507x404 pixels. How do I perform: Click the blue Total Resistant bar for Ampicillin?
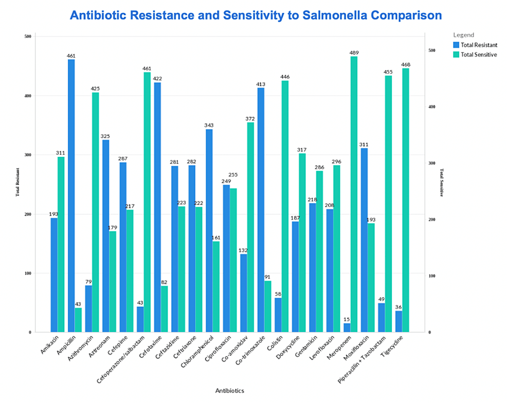(x=71, y=196)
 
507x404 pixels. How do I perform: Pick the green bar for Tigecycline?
(x=406, y=200)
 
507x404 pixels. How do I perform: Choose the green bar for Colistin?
(x=285, y=206)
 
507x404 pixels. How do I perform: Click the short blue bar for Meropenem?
(x=347, y=327)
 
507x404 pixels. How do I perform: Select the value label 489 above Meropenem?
(x=354, y=52)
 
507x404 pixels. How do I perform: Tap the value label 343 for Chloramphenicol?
(x=209, y=125)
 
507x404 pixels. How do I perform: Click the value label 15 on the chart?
(x=347, y=319)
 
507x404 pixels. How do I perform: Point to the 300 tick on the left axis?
(x=28, y=155)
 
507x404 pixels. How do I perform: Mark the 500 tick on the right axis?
(x=432, y=50)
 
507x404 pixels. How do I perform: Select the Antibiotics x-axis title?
(x=229, y=390)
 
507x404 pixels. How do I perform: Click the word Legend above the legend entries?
(x=463, y=34)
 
